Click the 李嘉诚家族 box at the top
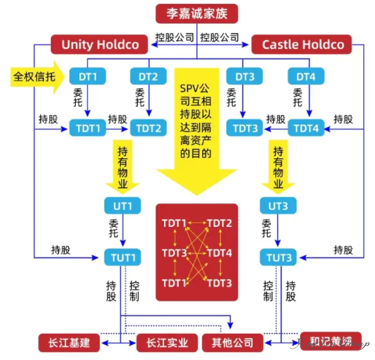click(x=196, y=13)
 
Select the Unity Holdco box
click(x=100, y=44)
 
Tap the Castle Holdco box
click(x=303, y=44)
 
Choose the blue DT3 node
click(x=245, y=77)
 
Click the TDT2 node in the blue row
click(x=148, y=129)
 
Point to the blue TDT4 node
click(x=307, y=129)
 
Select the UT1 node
click(x=122, y=205)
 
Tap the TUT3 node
click(x=278, y=258)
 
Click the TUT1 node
click(x=122, y=258)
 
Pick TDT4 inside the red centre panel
click(x=219, y=253)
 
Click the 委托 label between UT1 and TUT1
click(x=114, y=228)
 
